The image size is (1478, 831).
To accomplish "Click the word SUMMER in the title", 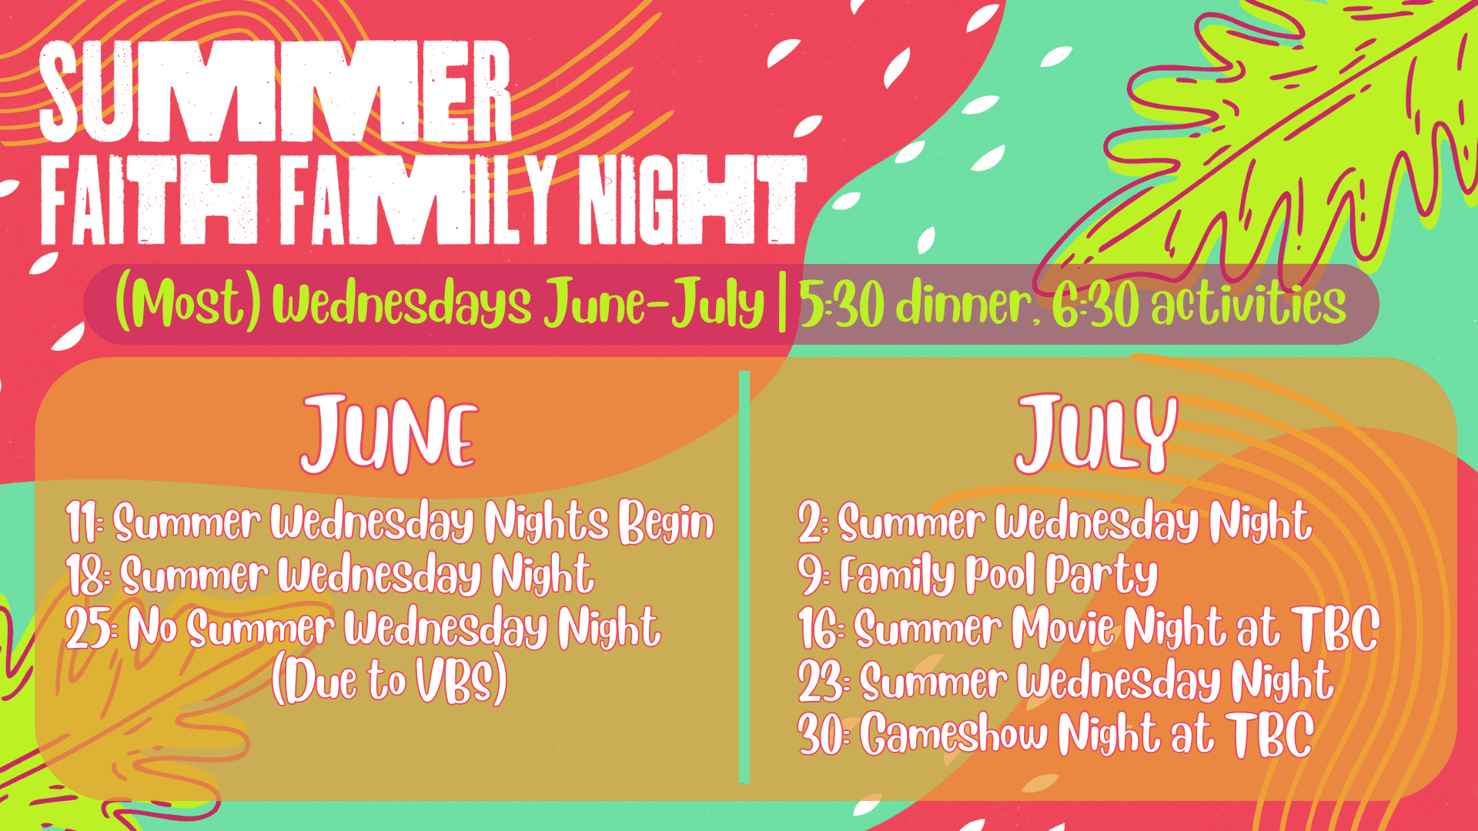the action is click(x=275, y=92).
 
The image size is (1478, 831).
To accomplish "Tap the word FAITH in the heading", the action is click(x=149, y=199).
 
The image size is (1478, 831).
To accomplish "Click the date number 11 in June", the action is click(x=82, y=522).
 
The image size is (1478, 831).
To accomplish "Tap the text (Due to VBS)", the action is click(x=390, y=680).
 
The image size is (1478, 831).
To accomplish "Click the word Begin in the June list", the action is click(x=667, y=523).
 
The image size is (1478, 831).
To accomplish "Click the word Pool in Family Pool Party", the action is click(x=1000, y=576).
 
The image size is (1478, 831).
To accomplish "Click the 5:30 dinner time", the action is click(x=917, y=304).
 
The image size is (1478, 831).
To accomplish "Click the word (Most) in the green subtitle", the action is click(x=189, y=304).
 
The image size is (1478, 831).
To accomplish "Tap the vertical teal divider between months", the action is click(x=744, y=577).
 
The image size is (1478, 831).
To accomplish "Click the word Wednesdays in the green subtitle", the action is click(x=401, y=304).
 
